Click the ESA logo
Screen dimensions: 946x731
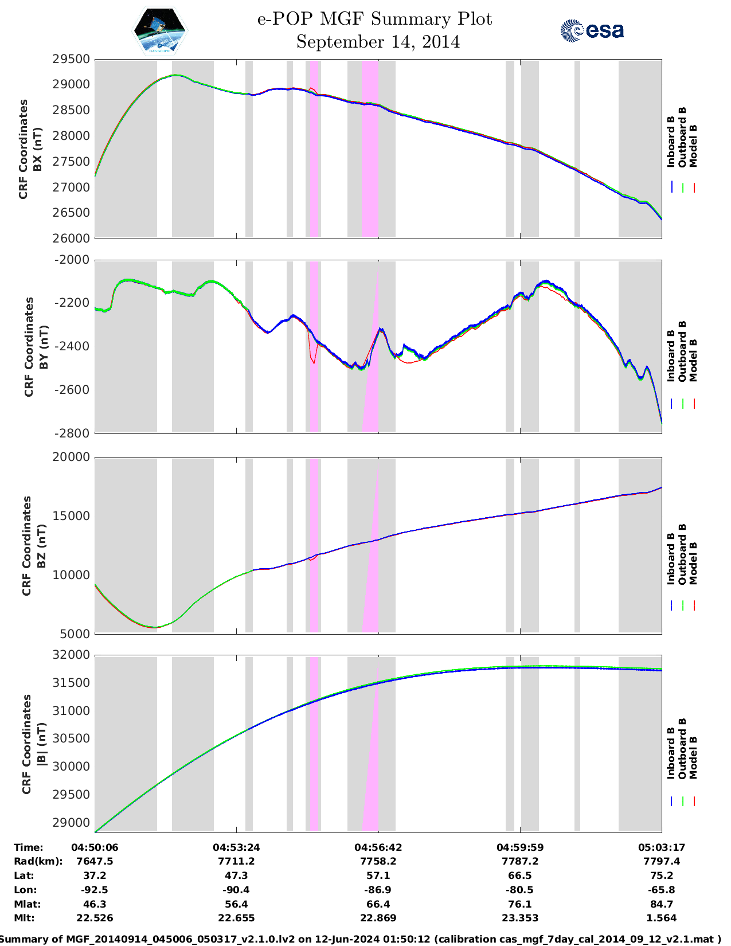592,30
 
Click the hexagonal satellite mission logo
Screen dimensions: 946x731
160,30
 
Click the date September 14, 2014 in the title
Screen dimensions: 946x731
378,42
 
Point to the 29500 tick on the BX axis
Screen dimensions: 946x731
71,59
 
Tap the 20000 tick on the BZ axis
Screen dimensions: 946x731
71,457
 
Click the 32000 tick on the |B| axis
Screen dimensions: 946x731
71,655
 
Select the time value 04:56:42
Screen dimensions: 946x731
378,847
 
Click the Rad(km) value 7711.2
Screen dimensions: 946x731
236,861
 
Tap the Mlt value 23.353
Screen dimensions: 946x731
519,918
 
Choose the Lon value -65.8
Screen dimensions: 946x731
662,890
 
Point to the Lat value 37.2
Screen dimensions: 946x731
95,875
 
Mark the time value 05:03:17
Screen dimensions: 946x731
662,847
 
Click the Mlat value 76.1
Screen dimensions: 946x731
519,904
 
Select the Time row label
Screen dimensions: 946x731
29,847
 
